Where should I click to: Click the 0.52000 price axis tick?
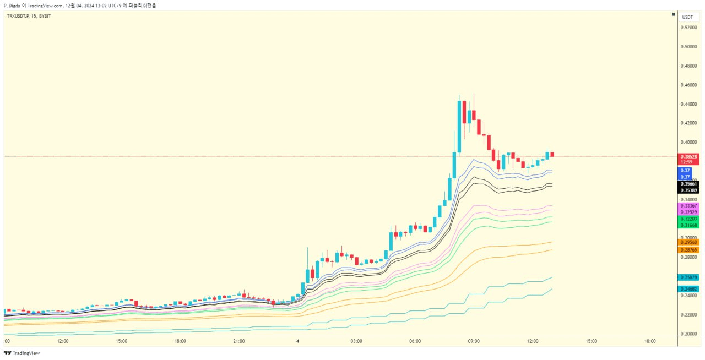(x=689, y=28)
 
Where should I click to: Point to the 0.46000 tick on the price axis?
(x=689, y=85)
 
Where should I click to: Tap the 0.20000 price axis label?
(x=689, y=334)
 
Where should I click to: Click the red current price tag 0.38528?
(x=689, y=156)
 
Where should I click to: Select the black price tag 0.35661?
(x=689, y=184)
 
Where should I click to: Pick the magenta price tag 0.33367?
(x=689, y=205)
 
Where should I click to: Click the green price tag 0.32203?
(x=689, y=219)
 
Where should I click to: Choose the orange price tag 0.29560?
(x=689, y=242)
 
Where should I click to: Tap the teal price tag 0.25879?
(x=689, y=277)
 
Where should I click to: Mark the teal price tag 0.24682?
(x=689, y=288)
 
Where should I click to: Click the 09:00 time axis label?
(x=474, y=341)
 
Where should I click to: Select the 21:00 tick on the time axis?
(x=238, y=341)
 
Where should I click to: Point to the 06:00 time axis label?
(x=415, y=341)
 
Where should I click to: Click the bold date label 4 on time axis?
(x=297, y=341)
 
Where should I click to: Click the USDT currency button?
(x=688, y=17)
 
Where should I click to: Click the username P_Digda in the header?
(x=12, y=5)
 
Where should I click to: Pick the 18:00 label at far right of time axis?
(x=650, y=341)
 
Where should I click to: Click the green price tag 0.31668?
(x=689, y=225)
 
